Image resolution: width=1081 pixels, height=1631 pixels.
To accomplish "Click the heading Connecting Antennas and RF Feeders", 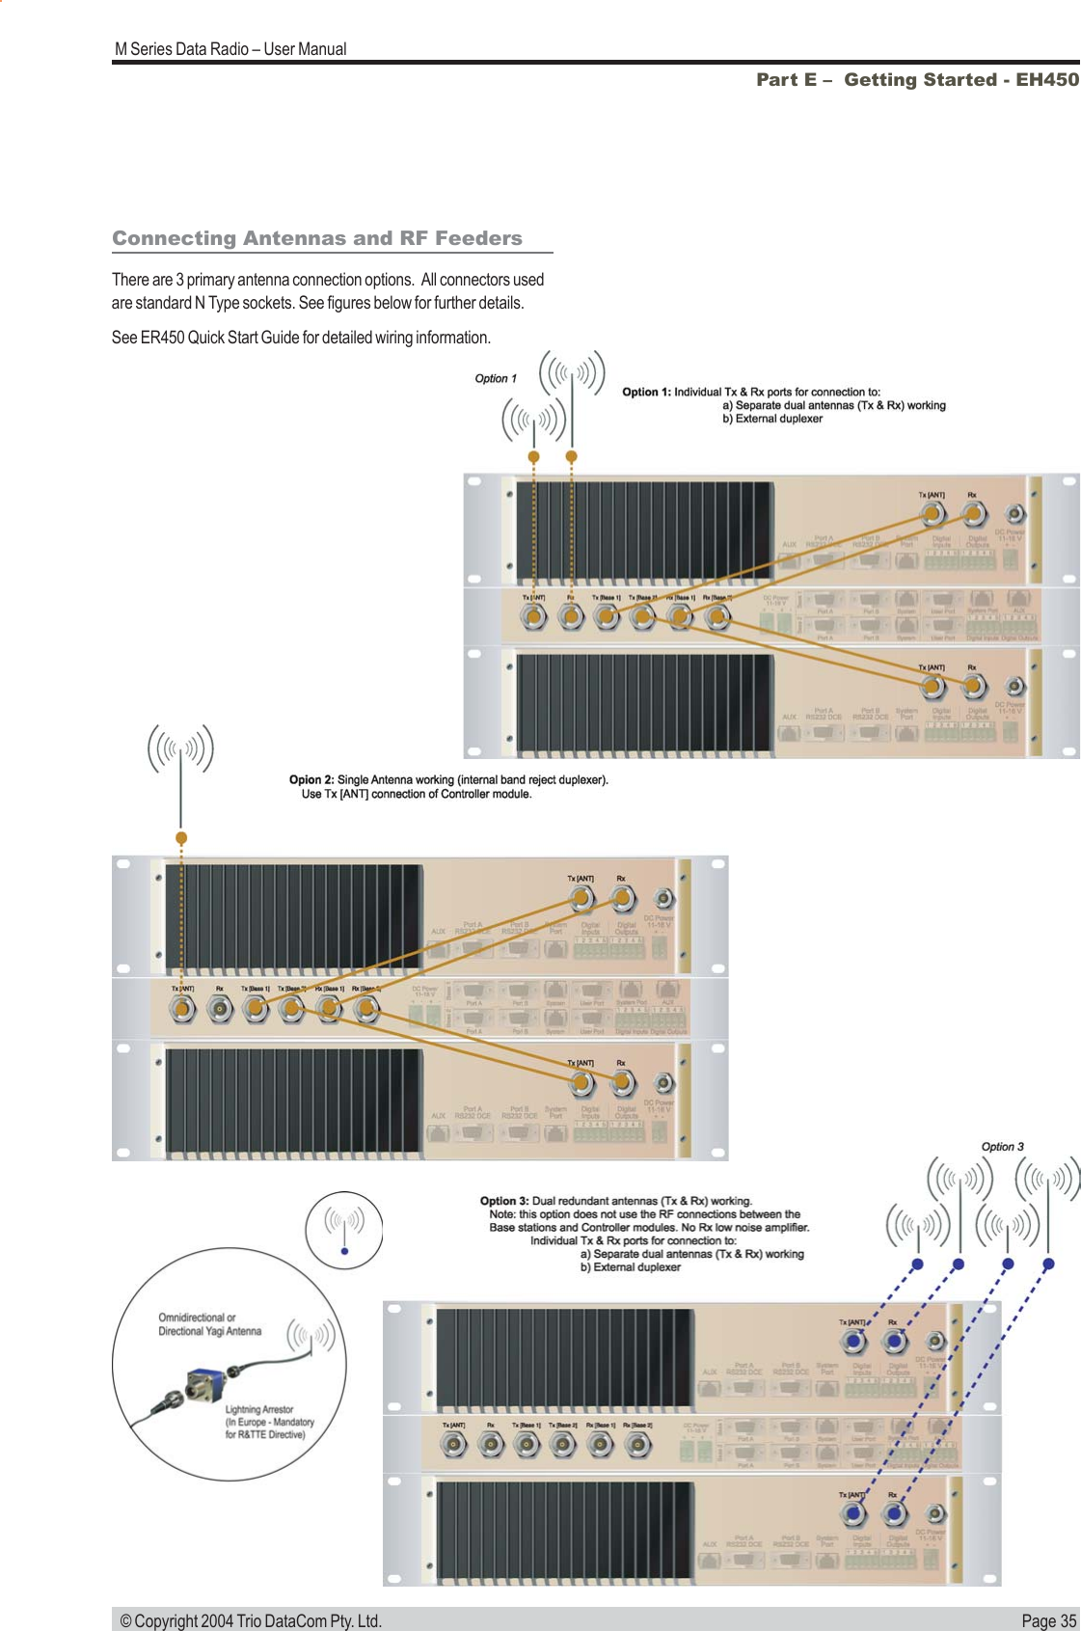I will pyautogui.click(x=317, y=238).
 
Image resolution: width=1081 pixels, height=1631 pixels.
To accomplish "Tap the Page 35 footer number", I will pyautogui.click(x=1048, y=1620).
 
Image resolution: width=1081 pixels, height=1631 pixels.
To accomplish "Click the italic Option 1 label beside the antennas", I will pyautogui.click(x=496, y=379).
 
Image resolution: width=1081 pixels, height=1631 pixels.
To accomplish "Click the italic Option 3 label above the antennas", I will pyautogui.click(x=1002, y=1147).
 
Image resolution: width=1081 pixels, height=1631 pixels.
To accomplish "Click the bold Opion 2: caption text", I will pyautogui.click(x=311, y=780).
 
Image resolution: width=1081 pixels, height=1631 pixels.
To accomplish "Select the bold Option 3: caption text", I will pyautogui.click(x=505, y=1201).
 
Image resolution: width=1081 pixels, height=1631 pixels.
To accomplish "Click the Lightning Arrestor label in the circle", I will pyautogui.click(x=259, y=1409).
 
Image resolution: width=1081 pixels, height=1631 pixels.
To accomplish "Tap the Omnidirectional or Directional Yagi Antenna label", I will pyautogui.click(x=210, y=1324).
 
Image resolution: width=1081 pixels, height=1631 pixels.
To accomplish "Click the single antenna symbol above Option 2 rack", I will pyautogui.click(x=180, y=749).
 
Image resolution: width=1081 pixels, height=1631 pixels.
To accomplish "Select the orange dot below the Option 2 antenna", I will pyautogui.click(x=181, y=837).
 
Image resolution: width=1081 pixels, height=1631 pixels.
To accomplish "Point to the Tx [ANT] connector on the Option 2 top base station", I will pyautogui.click(x=581, y=899).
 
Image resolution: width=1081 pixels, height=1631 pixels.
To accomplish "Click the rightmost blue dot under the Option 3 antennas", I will pyautogui.click(x=1048, y=1264).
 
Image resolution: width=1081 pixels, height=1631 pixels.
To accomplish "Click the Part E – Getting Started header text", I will pyautogui.click(x=917, y=80).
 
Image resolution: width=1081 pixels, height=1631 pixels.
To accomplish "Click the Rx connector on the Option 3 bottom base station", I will pyautogui.click(x=894, y=1513).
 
